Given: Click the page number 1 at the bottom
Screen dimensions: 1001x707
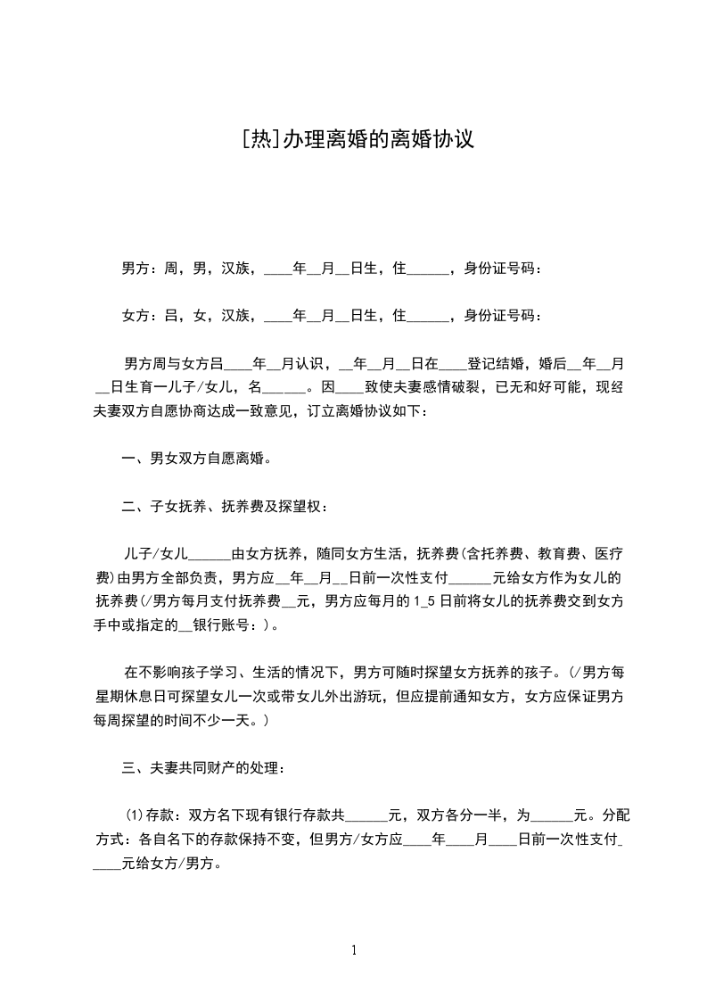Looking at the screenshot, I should point(354,950).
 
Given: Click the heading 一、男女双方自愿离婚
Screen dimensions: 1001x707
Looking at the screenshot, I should point(196,459).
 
